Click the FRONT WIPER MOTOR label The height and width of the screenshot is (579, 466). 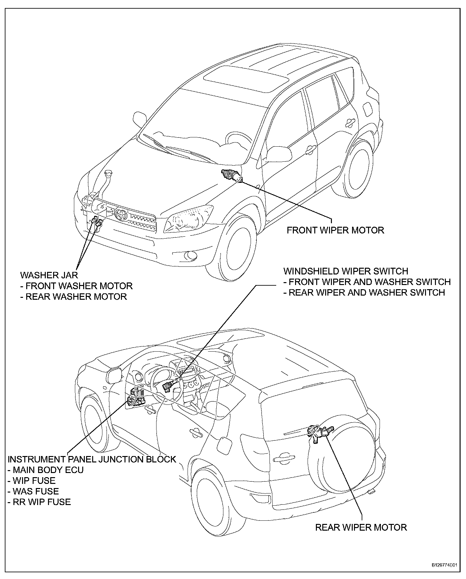(x=335, y=230)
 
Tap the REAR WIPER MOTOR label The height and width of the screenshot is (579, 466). (x=361, y=527)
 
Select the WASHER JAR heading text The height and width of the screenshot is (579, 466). (x=49, y=275)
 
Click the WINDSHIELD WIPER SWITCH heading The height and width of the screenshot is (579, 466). (x=346, y=271)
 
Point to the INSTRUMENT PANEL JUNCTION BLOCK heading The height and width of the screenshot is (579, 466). (x=92, y=459)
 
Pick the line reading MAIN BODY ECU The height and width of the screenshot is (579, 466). (x=46, y=470)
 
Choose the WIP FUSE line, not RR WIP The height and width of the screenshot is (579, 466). (x=32, y=481)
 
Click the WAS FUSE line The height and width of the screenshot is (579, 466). (x=33, y=491)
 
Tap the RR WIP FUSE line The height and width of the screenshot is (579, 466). (x=39, y=502)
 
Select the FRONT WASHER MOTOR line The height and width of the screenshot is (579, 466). (x=76, y=286)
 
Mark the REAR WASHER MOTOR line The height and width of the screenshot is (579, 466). (x=74, y=297)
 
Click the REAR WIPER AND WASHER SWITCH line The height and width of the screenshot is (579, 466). (x=364, y=292)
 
